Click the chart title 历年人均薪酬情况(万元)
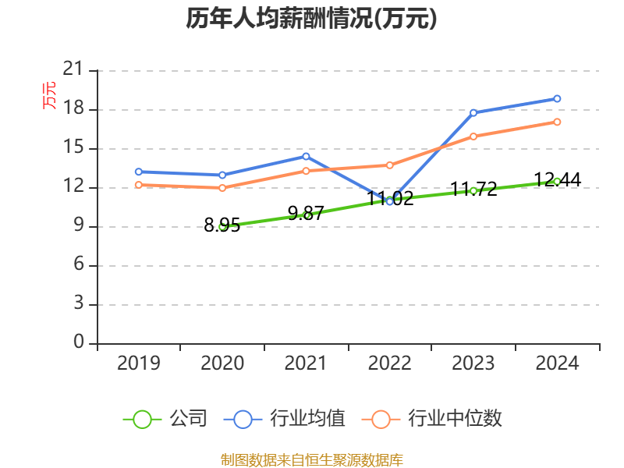[x=311, y=19]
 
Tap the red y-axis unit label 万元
[x=49, y=95]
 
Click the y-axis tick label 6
[x=79, y=264]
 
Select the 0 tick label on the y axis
[x=79, y=342]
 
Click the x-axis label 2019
[x=139, y=363]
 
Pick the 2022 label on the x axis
[x=389, y=363]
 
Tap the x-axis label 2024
[x=557, y=363]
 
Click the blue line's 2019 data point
[x=139, y=172]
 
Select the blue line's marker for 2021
[x=306, y=157]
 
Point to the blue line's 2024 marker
[x=557, y=99]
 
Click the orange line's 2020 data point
[x=222, y=188]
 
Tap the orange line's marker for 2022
[x=389, y=165]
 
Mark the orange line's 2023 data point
[x=473, y=136]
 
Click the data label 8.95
[x=222, y=225]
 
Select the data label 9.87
[x=306, y=213]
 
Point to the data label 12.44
[x=557, y=180]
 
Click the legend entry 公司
[x=165, y=419]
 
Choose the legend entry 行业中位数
[x=432, y=419]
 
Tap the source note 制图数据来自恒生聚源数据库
[x=311, y=460]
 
